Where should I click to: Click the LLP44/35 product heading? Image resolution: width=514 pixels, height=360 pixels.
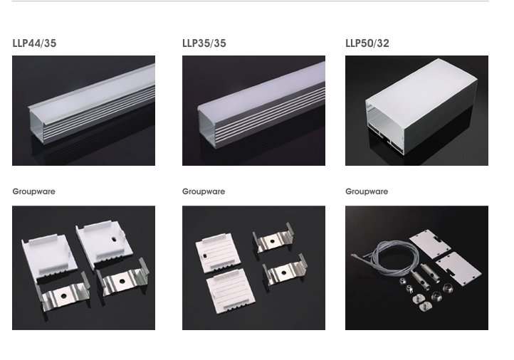click(x=34, y=43)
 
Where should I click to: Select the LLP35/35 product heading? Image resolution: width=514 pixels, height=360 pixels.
click(x=204, y=43)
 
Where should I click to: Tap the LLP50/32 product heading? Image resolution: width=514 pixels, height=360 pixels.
click(x=367, y=43)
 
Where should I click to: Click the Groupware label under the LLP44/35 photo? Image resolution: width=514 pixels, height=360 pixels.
click(x=33, y=191)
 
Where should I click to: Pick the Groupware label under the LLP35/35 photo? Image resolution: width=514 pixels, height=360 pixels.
click(x=203, y=191)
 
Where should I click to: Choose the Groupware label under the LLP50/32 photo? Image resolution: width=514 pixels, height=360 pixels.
click(x=367, y=191)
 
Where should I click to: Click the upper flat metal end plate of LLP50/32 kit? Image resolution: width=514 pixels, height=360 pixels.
click(x=430, y=242)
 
